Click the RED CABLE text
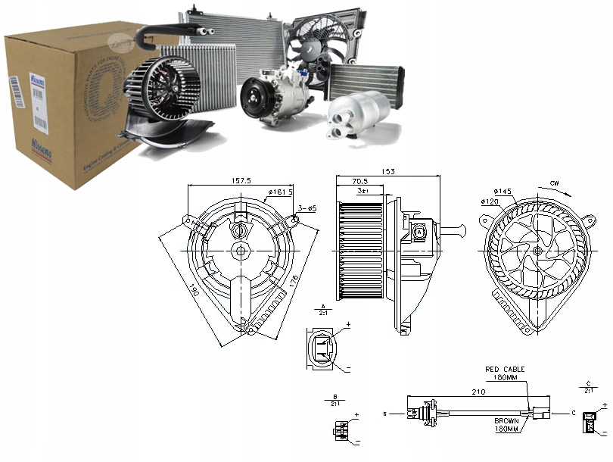[504, 369]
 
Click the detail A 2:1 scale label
[322, 309]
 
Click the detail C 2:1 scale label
[588, 389]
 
